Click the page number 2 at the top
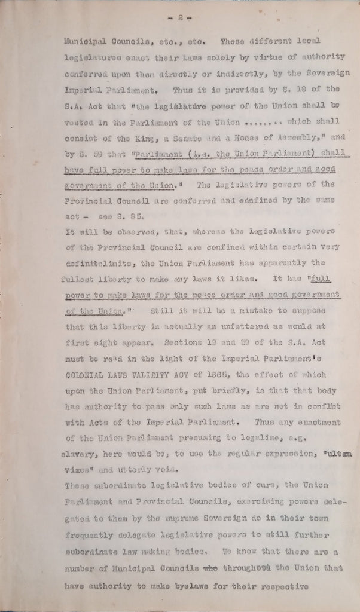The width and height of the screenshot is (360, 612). pyautogui.click(x=179, y=19)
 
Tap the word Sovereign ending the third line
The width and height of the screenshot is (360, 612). pyautogui.click(x=319, y=74)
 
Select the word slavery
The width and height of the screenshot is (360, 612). pyautogui.click(x=79, y=452)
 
